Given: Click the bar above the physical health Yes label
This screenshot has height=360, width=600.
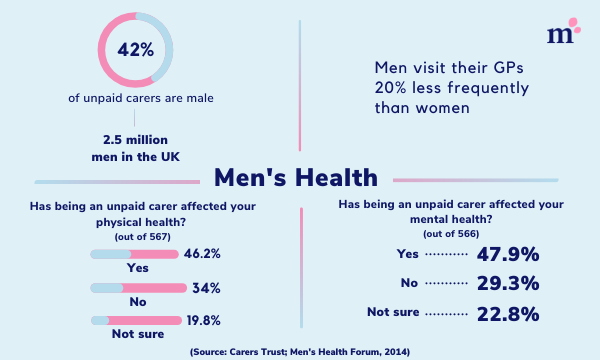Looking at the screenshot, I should tap(138, 254).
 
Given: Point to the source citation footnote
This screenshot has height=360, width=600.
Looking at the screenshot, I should tap(300, 351).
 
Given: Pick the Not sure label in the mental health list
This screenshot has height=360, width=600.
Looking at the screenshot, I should tap(393, 314).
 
